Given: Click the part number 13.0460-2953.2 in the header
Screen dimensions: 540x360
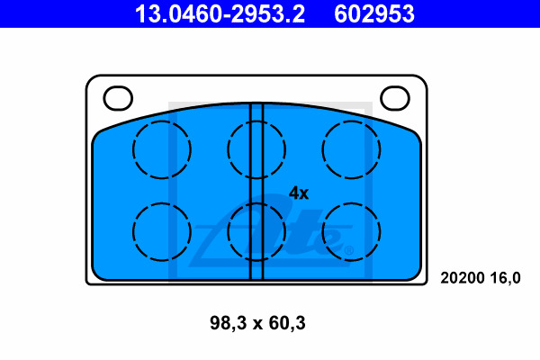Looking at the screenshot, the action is (220, 14).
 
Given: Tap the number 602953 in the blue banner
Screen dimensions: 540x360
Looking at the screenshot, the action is (374, 14).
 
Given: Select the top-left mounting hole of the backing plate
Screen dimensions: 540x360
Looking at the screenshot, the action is (118, 98).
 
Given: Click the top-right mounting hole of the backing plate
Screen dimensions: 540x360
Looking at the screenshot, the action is (395, 98).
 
